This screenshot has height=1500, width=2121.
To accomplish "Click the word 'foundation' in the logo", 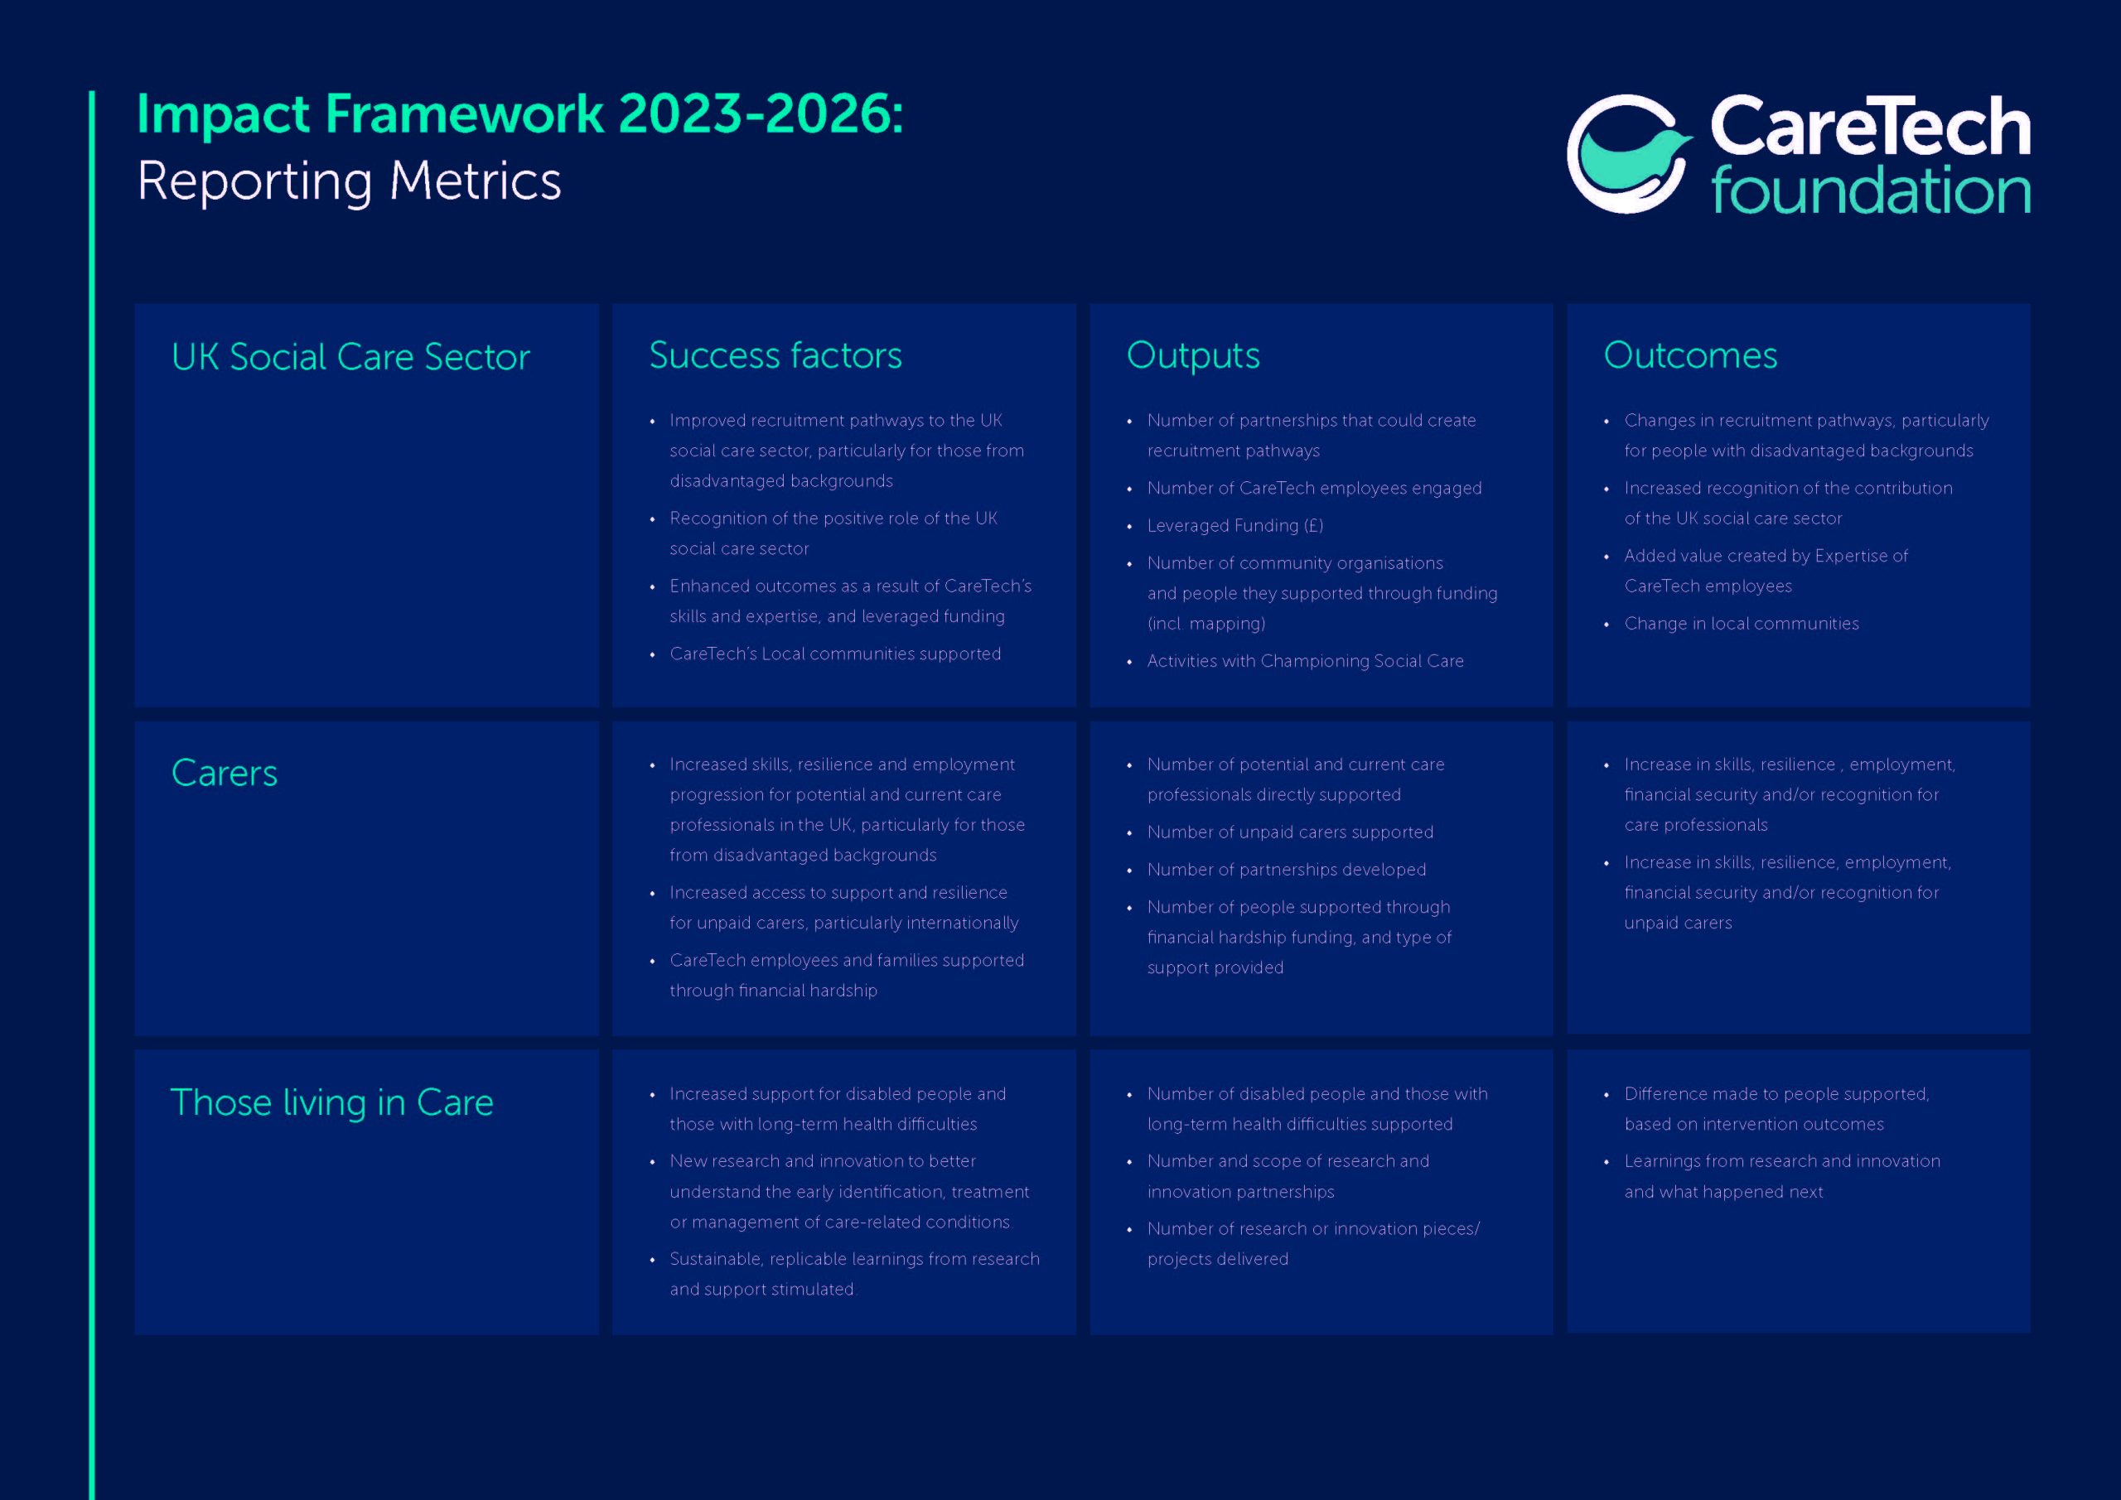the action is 1871,191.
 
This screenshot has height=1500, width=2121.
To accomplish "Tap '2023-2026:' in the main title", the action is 761,114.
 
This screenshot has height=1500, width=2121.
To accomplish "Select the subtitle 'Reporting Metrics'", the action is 349,181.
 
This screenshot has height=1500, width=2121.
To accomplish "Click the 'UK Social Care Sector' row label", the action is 350,356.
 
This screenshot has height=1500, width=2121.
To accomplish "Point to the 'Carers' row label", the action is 225,773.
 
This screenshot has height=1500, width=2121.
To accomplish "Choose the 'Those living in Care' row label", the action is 331,1102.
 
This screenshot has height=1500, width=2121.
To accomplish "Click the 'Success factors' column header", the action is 775,355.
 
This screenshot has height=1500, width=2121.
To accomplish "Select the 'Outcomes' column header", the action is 1689,355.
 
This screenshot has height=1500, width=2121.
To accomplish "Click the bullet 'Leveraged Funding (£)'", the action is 1235,526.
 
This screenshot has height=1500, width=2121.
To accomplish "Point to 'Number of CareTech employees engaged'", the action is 1314,489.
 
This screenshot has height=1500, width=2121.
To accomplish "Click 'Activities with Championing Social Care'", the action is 1305,661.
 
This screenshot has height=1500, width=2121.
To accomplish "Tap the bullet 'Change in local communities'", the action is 1742,624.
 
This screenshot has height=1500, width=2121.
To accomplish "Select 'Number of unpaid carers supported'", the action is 1290,832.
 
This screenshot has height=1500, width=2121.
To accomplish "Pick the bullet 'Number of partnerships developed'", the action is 1286,870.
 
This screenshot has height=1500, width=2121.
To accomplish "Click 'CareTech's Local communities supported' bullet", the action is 835,654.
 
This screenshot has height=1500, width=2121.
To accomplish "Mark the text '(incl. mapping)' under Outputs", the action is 1205,625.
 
